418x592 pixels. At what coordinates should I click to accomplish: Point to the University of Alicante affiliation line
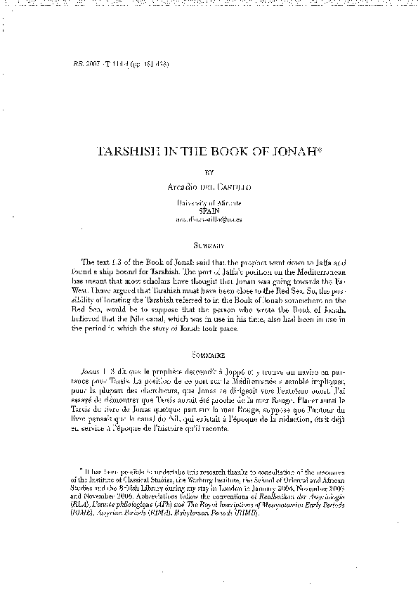(209, 202)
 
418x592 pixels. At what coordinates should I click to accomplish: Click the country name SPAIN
(209, 210)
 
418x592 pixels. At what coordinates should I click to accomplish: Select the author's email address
(209, 219)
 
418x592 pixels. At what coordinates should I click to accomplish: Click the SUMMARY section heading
(209, 246)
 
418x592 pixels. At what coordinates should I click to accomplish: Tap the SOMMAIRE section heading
(209, 351)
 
